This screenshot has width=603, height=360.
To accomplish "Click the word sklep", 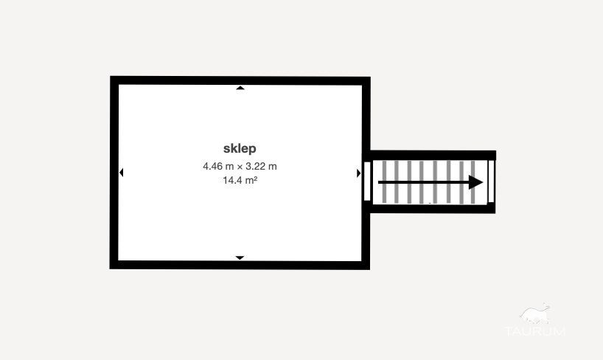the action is [x=240, y=148].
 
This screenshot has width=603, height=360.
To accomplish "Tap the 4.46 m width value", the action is [x=218, y=166].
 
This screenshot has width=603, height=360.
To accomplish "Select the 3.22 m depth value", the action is [x=261, y=166].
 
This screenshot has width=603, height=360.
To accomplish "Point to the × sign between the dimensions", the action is [x=240, y=167].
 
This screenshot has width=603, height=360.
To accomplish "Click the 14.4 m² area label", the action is [x=240, y=180].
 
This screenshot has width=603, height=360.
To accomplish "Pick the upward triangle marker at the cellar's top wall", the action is [x=240, y=88].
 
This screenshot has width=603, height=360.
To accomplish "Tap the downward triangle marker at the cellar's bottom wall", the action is [x=240, y=257].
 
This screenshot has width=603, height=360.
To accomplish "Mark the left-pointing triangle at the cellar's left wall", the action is [x=121, y=173].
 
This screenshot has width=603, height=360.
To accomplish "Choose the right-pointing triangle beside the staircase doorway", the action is [x=358, y=173].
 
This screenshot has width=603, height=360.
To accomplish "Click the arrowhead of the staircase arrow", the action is [x=476, y=182].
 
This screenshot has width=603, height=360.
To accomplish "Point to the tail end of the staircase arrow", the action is [x=379, y=182].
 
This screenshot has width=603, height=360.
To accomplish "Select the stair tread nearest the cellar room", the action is [x=384, y=182].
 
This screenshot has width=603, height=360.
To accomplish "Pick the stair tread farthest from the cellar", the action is [x=473, y=182].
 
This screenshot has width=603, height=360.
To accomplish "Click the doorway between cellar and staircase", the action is [x=367, y=181].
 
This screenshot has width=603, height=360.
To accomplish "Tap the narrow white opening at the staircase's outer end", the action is [x=491, y=181].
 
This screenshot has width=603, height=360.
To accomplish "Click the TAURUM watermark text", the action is [x=534, y=330].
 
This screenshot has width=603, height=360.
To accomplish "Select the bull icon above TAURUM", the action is [x=535, y=314].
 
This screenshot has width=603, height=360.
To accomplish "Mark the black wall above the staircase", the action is [x=433, y=155].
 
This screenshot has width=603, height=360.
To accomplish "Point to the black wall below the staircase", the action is [x=433, y=209].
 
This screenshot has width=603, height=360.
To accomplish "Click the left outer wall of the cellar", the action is [x=114, y=173].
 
